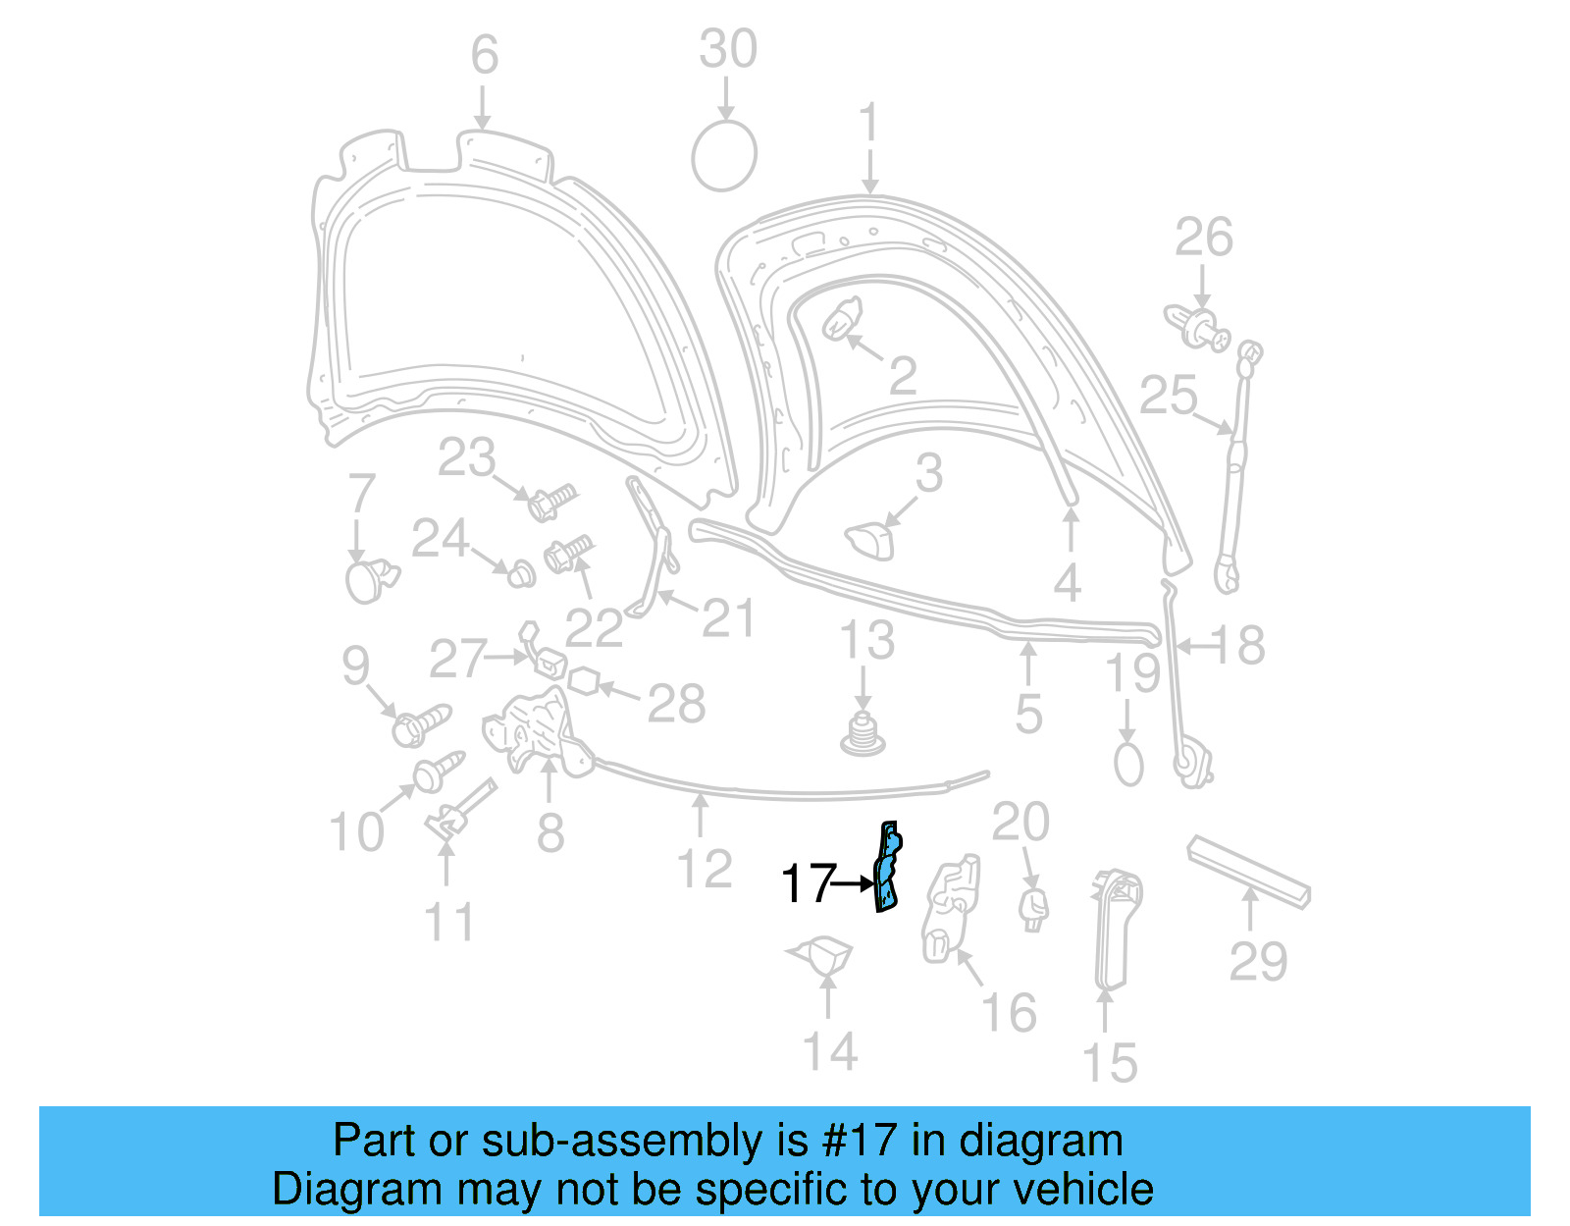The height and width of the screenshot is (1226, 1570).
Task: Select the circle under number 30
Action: (724, 156)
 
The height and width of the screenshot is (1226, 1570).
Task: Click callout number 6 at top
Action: (484, 55)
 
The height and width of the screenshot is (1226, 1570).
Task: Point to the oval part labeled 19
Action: (1128, 764)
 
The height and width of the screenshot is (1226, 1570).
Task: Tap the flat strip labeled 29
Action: (1248, 872)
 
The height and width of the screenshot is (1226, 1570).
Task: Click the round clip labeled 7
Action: (369, 580)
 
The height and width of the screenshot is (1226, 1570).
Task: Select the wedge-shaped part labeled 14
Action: (823, 954)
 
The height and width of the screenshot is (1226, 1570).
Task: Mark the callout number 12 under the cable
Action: (705, 870)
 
